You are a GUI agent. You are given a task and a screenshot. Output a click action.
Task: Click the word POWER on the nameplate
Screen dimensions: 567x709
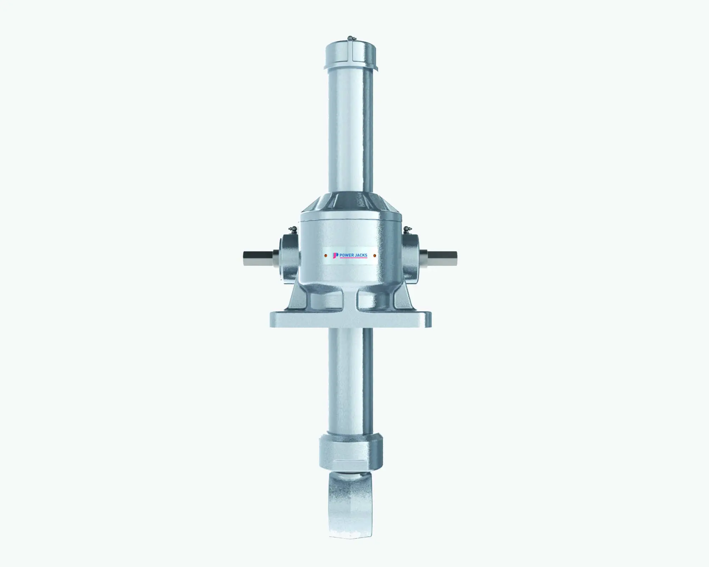(x=346, y=255)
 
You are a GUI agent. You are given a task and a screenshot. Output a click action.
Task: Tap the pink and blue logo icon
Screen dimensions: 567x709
(x=335, y=255)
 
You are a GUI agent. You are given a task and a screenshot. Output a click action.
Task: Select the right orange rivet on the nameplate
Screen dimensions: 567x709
(x=375, y=255)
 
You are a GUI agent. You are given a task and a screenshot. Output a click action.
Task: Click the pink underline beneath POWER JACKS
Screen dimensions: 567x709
(x=353, y=258)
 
